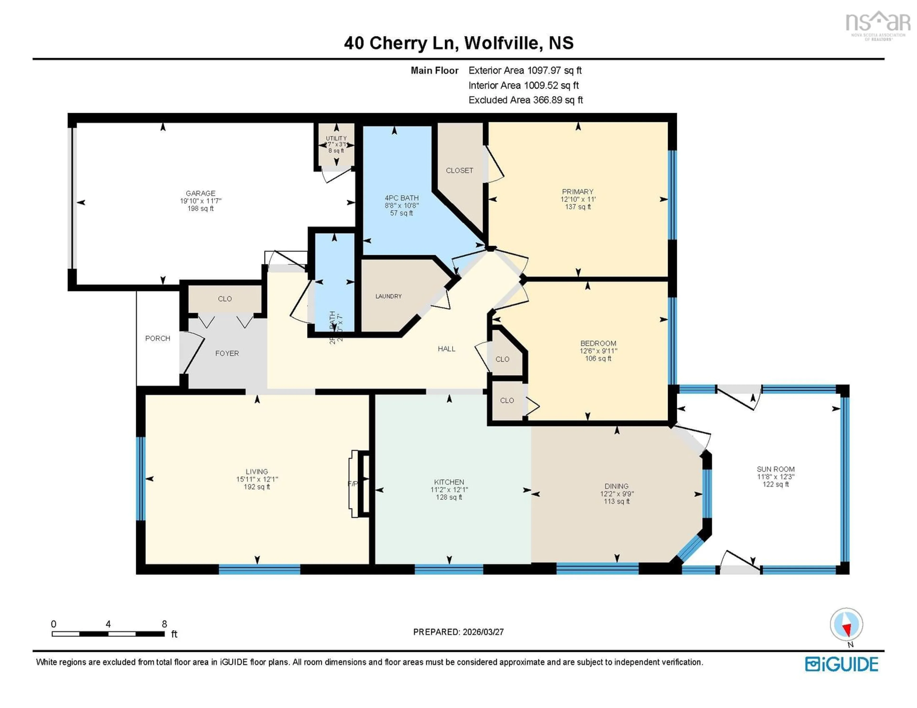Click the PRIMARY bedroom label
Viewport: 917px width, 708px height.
pos(577,192)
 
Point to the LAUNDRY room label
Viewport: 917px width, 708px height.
pos(388,296)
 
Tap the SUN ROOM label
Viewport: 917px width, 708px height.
pos(775,469)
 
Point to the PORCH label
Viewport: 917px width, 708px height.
pos(157,338)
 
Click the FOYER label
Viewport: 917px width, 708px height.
pos(227,353)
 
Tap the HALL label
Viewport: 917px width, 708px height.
pos(446,349)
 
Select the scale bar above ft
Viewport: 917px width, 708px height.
pos(108,634)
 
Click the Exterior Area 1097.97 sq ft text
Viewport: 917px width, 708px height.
pos(525,70)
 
